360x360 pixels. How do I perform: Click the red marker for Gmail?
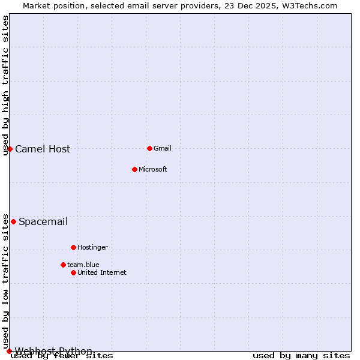click(149, 148)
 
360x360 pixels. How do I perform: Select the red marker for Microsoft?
click(134, 169)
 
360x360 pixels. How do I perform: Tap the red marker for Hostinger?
click(73, 247)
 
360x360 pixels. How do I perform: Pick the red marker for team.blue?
click(63, 265)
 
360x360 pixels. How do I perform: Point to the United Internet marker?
click(73, 272)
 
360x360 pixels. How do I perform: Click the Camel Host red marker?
click(10, 149)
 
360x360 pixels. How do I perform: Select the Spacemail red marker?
click(13, 221)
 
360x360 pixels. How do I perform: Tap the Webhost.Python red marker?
click(9, 351)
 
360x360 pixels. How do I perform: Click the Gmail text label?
click(163, 149)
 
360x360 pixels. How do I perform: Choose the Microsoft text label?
click(152, 170)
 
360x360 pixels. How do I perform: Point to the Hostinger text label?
click(92, 248)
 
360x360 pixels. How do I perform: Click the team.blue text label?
click(83, 265)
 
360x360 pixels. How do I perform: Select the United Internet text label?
click(101, 273)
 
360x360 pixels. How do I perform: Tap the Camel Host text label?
click(43, 149)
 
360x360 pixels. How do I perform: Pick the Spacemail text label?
click(43, 222)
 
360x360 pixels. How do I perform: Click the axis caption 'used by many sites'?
click(301, 356)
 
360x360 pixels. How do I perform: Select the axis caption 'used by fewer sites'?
click(62, 356)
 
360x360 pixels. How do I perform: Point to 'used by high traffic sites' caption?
click(6, 85)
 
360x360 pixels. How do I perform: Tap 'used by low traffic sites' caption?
click(6, 281)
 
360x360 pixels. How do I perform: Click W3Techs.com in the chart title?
click(310, 6)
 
